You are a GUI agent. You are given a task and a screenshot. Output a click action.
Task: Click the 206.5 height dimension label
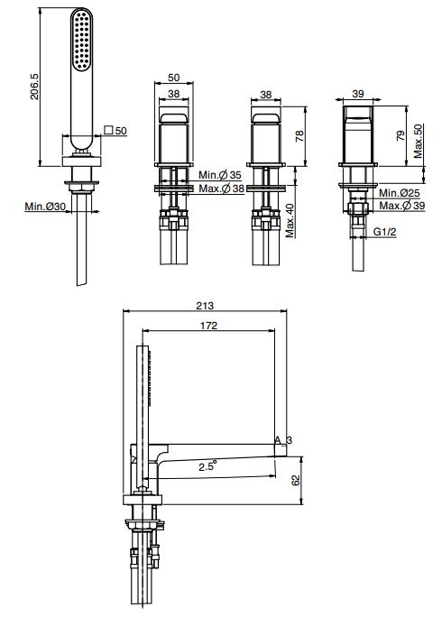coord(34,87)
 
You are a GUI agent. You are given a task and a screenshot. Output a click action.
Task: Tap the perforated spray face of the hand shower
coord(83,40)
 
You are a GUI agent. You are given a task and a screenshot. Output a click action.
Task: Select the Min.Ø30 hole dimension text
coord(45,206)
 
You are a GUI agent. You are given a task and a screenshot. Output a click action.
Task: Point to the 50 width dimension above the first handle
coord(173,78)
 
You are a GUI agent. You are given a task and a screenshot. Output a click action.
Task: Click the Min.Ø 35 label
coord(220,175)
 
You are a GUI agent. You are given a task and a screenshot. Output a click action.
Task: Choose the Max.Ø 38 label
coord(221,189)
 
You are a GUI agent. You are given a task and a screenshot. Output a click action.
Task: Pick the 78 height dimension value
coord(299,135)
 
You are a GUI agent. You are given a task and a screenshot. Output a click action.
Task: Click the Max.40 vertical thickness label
coord(290,220)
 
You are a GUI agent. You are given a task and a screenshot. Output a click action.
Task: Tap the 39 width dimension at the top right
coord(358,94)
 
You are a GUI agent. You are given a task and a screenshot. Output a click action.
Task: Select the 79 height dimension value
coord(401,135)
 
